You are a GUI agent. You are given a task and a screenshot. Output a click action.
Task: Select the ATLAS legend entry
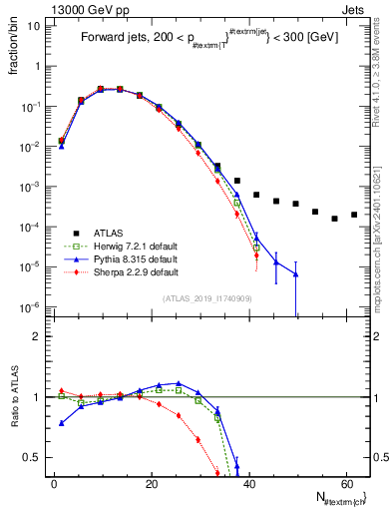pos(105,234)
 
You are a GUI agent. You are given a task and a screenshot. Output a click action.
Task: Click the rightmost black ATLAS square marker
pos(354,214)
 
